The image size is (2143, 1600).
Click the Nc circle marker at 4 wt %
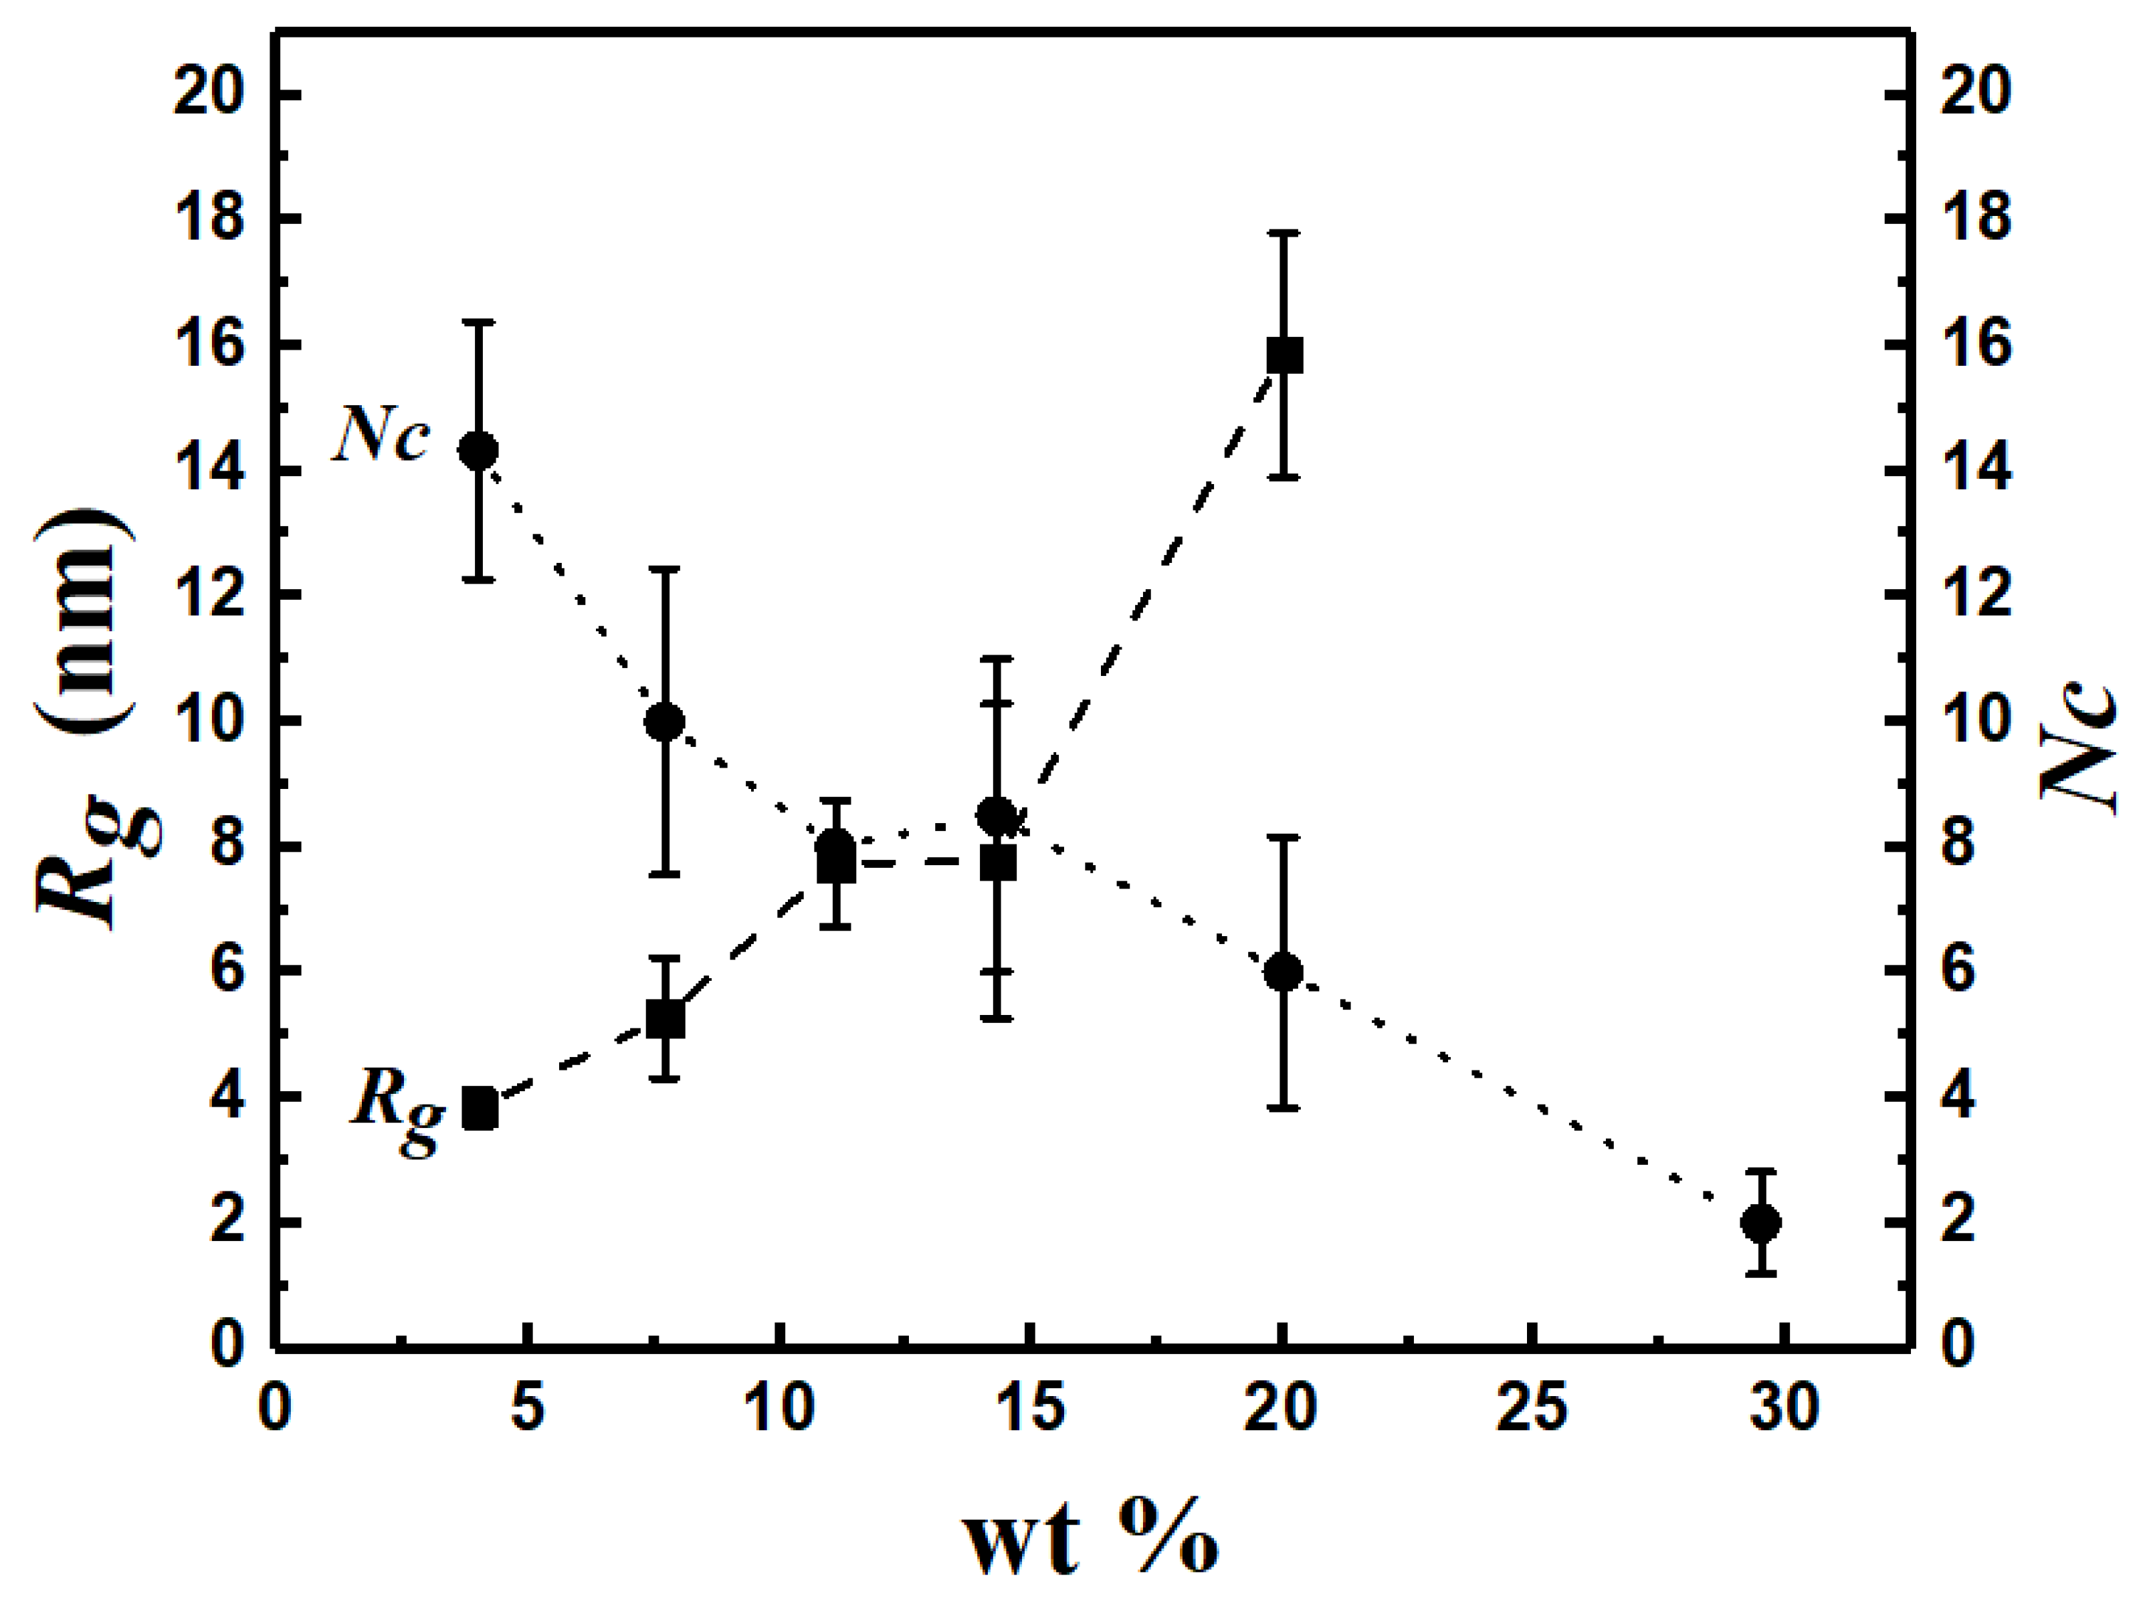pos(479,451)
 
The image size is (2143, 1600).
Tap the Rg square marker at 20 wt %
pos(1285,356)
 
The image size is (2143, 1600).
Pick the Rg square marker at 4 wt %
pos(480,1109)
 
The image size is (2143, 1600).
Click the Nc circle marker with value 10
pos(665,721)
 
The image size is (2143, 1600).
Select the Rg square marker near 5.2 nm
pos(666,1020)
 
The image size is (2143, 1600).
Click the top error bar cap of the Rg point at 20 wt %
pos(1284,233)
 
